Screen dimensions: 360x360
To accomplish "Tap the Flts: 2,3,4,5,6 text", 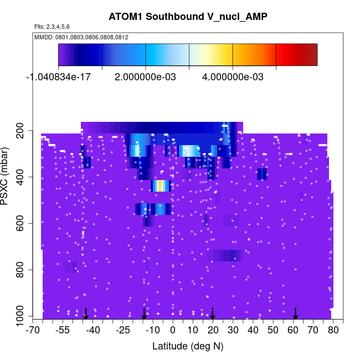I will click(x=52, y=27).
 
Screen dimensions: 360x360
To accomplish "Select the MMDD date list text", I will click(x=81, y=37).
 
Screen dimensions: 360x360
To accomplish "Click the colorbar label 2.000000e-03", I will click(x=145, y=77).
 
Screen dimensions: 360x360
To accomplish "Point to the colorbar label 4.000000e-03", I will click(x=233, y=77).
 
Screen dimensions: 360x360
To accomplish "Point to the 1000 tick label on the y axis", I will click(x=23, y=316).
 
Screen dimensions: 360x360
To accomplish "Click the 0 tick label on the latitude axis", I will click(x=173, y=331).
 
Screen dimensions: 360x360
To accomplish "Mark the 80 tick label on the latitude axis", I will click(x=332, y=331).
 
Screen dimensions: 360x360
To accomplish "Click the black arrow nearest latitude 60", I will click(x=296, y=313).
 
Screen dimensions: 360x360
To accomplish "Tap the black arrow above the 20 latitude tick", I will click(x=213, y=313).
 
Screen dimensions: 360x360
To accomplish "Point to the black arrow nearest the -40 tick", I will click(x=86, y=313).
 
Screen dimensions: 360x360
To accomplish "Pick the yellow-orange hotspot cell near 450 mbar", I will click(x=161, y=186).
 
